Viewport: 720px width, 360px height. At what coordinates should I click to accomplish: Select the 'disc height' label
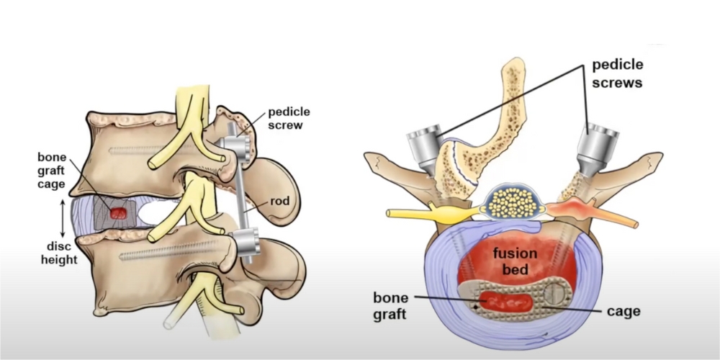59,253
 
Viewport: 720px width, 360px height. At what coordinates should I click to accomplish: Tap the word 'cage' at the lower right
623,311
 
